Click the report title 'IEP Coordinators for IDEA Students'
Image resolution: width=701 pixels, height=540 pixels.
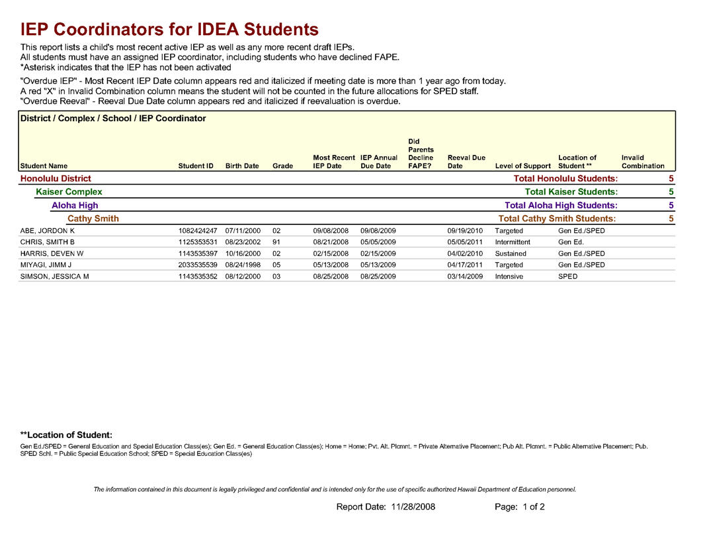[169, 29]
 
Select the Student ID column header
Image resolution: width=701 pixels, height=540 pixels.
[196, 166]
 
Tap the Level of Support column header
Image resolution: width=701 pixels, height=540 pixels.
[522, 166]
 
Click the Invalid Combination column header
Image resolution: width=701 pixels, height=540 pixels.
[642, 162]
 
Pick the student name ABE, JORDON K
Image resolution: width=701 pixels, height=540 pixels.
[48, 231]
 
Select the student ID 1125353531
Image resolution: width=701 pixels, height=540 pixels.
[198, 242]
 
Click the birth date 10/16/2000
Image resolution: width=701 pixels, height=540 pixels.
[243, 253]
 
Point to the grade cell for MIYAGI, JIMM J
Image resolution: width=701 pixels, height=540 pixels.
[276, 265]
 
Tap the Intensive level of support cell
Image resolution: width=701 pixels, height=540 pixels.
[509, 276]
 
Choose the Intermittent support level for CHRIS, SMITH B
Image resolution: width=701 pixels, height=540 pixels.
[512, 242]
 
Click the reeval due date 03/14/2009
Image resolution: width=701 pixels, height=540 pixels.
[465, 276]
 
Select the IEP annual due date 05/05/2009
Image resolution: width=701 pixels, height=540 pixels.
[378, 242]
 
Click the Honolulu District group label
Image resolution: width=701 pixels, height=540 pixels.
[56, 179]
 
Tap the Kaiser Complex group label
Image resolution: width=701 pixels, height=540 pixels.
[69, 192]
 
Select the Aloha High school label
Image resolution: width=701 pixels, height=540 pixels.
[75, 205]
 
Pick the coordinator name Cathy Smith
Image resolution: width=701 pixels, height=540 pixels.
[93, 218]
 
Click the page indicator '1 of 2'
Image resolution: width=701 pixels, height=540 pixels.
[534, 507]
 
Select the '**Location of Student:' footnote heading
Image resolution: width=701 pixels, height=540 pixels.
[66, 435]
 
